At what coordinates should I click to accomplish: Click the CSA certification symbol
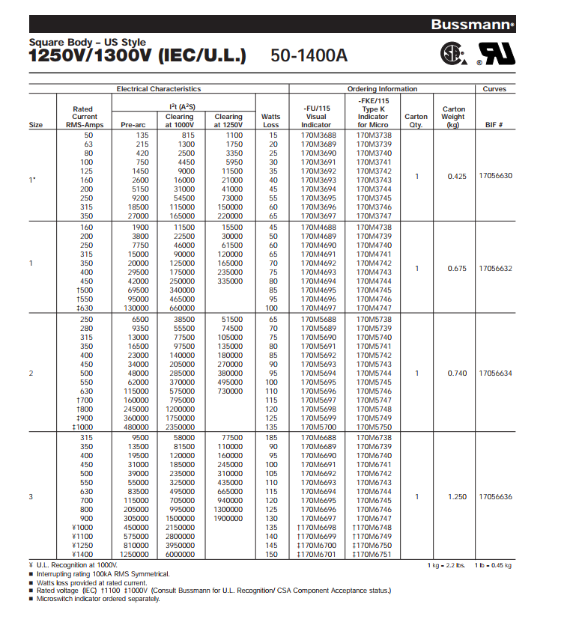[452, 52]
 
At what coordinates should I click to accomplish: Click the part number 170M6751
[372, 554]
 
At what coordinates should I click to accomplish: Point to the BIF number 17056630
[495, 176]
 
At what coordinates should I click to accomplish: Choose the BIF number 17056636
[495, 496]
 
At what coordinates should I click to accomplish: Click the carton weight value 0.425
[456, 176]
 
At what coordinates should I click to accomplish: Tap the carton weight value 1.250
[456, 496]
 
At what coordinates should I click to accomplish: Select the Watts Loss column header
[270, 121]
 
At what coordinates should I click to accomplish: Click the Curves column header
[495, 89]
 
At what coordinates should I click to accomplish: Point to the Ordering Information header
[382, 89]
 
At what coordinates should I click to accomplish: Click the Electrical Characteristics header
[158, 89]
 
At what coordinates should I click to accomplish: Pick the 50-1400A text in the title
[309, 55]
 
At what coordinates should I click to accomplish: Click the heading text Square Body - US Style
[88, 43]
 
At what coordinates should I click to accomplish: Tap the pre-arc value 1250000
[134, 554]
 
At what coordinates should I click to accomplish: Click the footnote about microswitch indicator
[98, 599]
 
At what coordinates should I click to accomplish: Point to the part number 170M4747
[372, 308]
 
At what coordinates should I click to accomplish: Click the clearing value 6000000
[179, 554]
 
